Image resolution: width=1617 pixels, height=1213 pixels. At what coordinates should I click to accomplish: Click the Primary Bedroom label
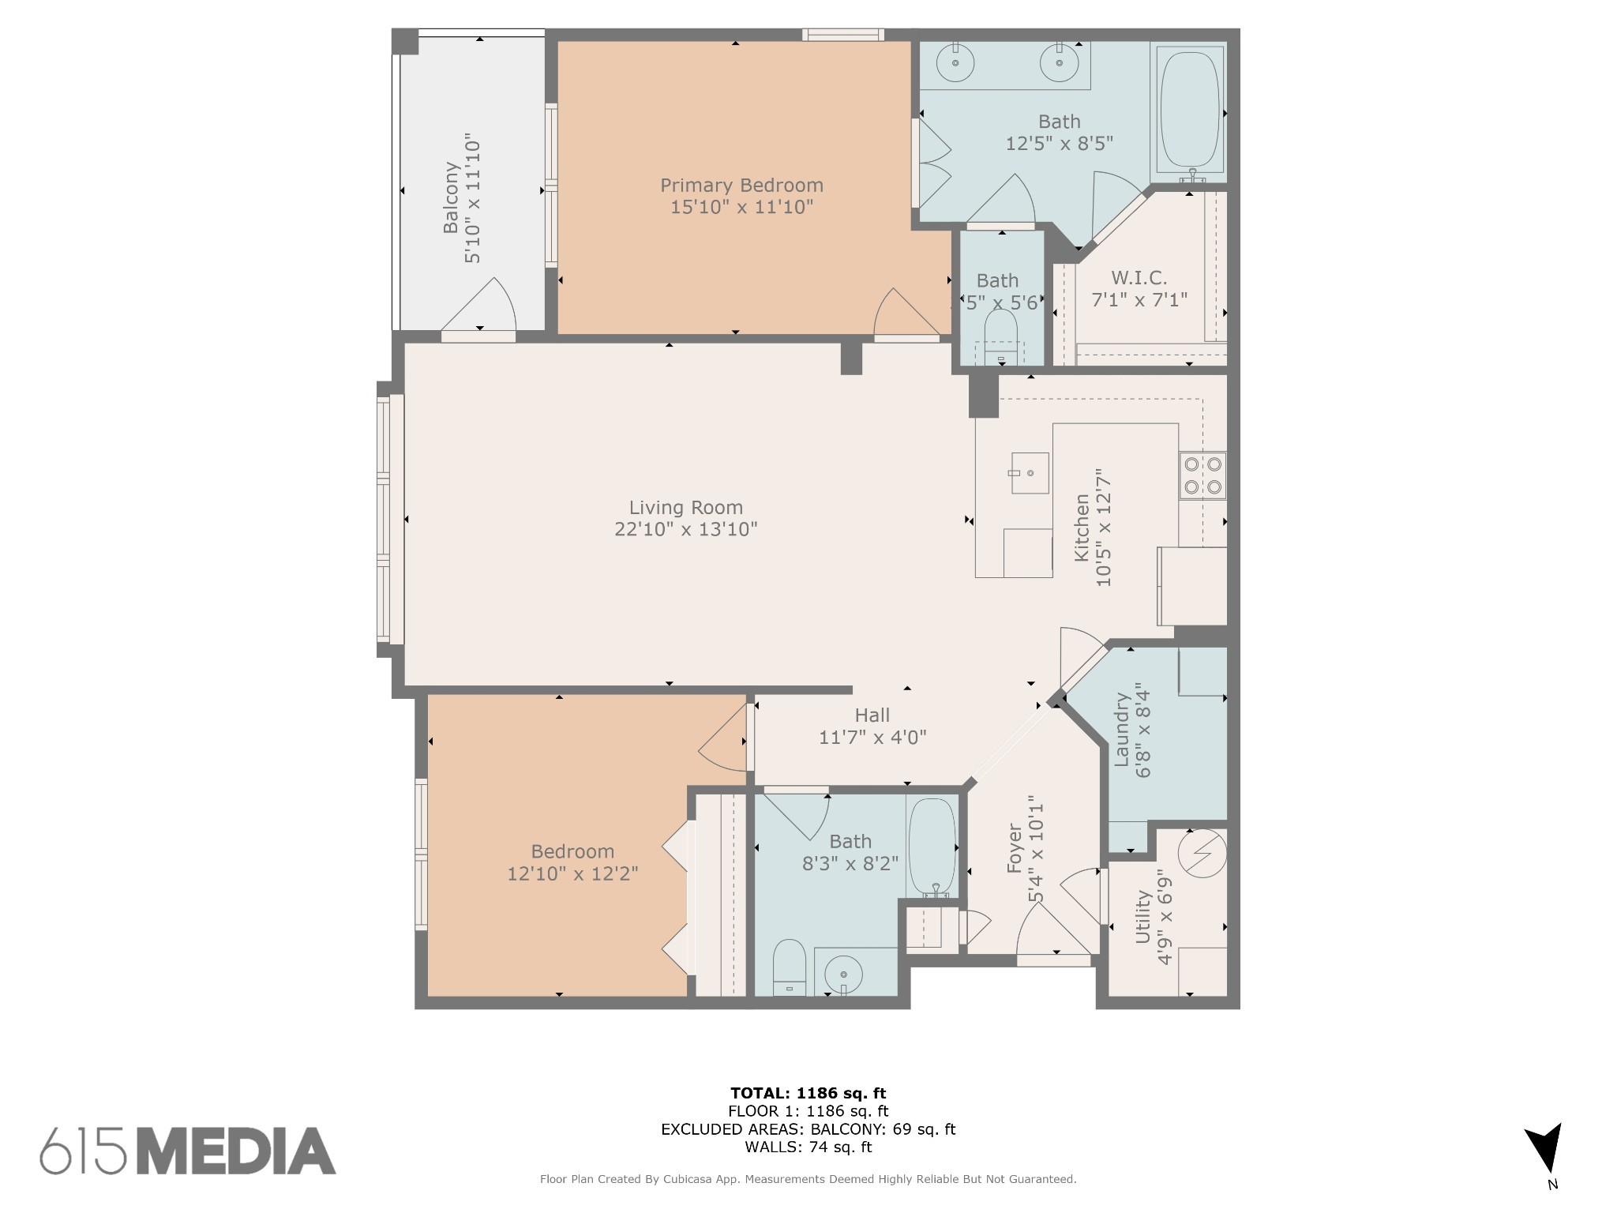[741, 186]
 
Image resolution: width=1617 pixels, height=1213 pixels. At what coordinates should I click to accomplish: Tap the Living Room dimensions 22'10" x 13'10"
[686, 529]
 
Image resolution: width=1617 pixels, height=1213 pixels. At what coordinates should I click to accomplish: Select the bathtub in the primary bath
[1190, 111]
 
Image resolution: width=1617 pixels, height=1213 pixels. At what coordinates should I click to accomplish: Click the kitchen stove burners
[1202, 475]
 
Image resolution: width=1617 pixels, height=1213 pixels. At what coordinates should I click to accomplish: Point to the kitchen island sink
[1030, 473]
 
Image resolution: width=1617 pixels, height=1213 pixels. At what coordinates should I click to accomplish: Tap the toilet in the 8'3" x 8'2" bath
[789, 967]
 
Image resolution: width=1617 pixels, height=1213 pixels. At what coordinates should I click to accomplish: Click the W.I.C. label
[1139, 278]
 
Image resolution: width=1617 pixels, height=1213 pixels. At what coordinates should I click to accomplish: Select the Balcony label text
[451, 197]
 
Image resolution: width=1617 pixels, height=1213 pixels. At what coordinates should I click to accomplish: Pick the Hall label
[872, 715]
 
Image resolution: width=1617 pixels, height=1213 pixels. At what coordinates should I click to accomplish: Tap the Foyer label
[1015, 848]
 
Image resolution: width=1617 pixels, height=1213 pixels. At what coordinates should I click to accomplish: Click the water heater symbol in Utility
[1202, 854]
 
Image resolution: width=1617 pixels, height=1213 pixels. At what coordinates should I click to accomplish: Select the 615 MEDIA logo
[188, 1151]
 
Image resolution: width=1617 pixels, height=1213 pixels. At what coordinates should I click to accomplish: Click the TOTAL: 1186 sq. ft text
[808, 1094]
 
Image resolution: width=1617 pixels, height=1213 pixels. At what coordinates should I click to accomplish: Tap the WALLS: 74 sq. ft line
[808, 1147]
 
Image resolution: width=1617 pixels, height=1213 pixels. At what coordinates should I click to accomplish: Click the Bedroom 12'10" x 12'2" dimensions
[572, 873]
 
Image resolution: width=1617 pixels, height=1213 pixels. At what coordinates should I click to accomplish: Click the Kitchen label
[1082, 528]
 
